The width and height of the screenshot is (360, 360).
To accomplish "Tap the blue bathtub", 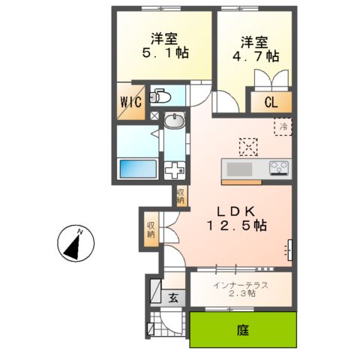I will (137, 169).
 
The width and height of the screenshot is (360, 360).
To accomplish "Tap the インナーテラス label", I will (240, 283).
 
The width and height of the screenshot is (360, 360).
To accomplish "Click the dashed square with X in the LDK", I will (247, 145).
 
